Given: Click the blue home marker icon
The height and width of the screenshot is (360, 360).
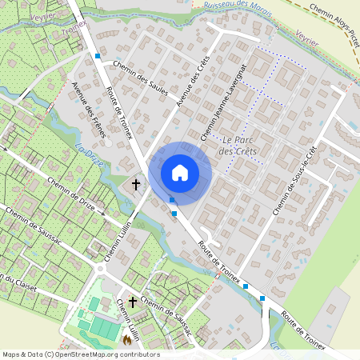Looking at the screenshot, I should tap(180, 172).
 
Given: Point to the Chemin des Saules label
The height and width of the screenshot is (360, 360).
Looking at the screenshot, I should tap(140, 79).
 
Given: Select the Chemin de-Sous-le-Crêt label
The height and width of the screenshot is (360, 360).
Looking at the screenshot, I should tap(295, 180).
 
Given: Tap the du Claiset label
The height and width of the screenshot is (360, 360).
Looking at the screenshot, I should tap(14, 282).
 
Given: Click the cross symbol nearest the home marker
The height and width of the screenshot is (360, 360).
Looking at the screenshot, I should tap(136, 184).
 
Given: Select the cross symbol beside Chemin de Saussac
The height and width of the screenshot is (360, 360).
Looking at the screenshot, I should tap(132, 302).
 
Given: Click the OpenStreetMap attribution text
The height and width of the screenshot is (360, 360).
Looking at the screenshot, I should tap(80, 354).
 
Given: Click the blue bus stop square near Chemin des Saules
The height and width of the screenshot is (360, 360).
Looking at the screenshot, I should tap(98, 56).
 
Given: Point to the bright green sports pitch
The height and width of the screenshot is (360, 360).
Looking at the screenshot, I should tap(102, 327).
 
